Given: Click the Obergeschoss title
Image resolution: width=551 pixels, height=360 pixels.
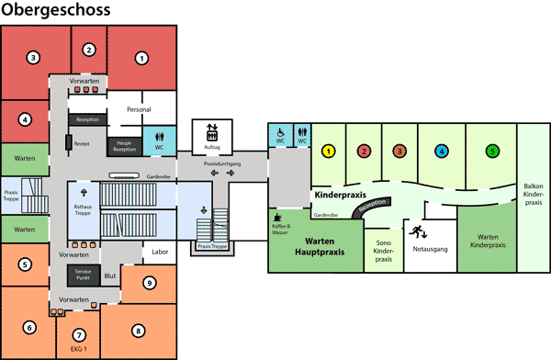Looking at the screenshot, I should [56, 10].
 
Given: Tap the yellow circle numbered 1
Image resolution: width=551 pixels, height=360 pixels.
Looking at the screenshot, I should [329, 150].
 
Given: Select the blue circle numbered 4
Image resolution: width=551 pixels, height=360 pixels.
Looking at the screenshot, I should [442, 150].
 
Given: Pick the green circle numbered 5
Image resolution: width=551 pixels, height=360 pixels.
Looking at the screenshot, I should [493, 150].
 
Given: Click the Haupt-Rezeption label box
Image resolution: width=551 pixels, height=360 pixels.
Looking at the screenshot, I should [126, 144].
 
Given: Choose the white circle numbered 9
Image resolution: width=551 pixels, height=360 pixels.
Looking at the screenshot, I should [149, 283].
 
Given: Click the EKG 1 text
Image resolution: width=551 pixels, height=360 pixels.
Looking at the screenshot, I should [79, 349].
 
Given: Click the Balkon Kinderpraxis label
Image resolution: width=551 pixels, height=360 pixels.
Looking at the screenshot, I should [533, 192].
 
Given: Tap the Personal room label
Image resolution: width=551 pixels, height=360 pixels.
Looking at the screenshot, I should [139, 109].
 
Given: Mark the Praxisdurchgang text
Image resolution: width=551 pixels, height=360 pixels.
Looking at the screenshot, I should [221, 162].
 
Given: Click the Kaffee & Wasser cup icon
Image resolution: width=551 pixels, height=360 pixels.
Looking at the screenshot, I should [278, 216].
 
